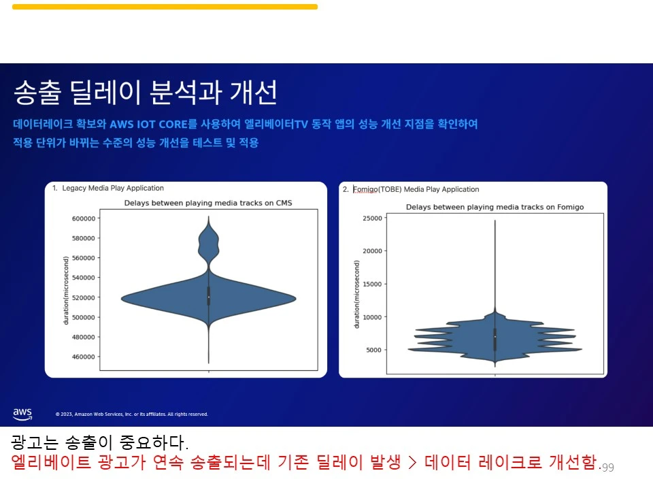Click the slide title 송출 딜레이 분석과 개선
145,93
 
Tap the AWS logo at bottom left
22,414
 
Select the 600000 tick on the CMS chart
83,218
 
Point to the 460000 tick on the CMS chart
83,357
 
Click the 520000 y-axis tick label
83,297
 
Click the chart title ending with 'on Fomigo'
495,207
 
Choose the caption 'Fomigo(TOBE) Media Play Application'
416,189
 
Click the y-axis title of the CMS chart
66,290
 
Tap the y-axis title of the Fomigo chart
356,293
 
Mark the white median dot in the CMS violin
208,297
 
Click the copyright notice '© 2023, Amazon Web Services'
131,414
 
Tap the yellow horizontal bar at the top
165,7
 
